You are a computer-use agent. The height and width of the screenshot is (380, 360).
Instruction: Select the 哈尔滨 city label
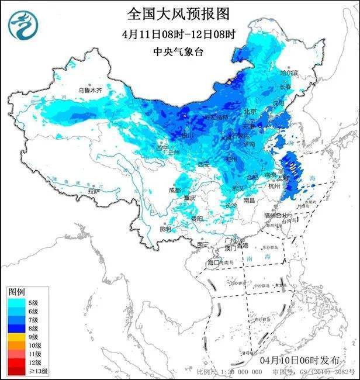(289, 74)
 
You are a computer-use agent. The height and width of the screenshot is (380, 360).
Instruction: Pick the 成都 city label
(175, 190)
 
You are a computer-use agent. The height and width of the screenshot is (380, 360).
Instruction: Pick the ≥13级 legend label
(36, 372)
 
